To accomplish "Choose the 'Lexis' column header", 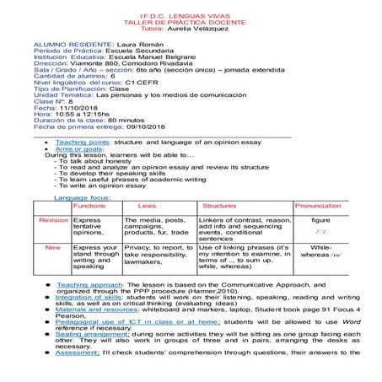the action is point(146,205).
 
